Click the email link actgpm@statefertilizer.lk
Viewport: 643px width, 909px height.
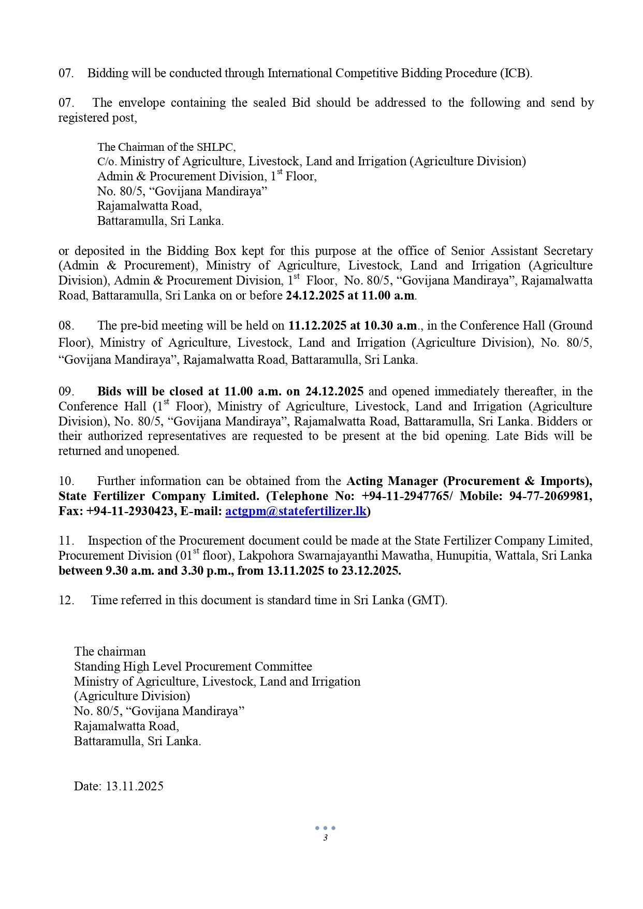[x=296, y=512]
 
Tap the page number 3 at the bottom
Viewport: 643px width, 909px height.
[x=325, y=838]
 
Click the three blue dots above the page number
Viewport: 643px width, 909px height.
[x=325, y=828]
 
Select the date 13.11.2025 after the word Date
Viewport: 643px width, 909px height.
[x=135, y=786]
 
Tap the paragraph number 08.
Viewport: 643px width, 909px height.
[x=66, y=325]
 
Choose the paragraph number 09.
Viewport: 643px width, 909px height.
[x=66, y=391]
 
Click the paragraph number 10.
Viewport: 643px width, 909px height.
[x=66, y=481]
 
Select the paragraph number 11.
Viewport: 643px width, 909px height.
[x=66, y=541]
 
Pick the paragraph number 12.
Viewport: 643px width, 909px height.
[x=66, y=600]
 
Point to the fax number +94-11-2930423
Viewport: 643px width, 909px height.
[x=130, y=512]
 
